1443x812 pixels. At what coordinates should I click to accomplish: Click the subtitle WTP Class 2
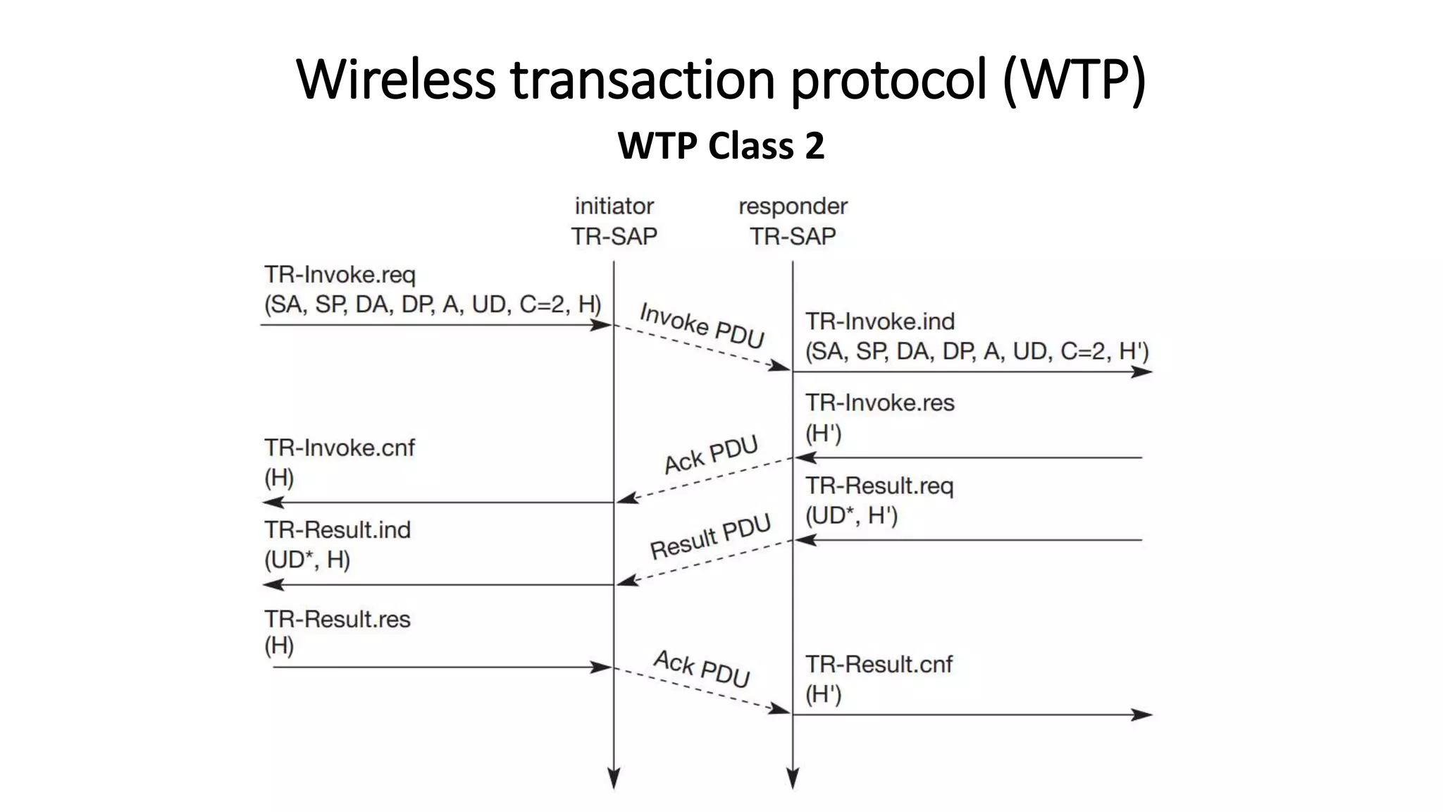pyautogui.click(x=721, y=146)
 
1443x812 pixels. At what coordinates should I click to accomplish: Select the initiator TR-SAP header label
pyautogui.click(x=614, y=221)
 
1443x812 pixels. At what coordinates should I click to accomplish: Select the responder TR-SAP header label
pyautogui.click(x=793, y=221)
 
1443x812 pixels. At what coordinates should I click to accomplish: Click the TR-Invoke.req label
pyautogui.click(x=340, y=274)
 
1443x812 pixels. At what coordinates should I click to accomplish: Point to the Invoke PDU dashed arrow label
pyautogui.click(x=702, y=325)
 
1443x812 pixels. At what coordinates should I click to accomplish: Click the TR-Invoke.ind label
pyautogui.click(x=880, y=321)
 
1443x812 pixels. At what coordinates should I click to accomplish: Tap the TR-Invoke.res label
pyautogui.click(x=880, y=402)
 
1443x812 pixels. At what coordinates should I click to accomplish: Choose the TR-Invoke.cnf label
pyautogui.click(x=340, y=448)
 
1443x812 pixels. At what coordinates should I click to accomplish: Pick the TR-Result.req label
pyautogui.click(x=879, y=486)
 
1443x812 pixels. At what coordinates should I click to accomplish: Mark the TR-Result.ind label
pyautogui.click(x=337, y=529)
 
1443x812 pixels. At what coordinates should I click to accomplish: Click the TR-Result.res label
pyautogui.click(x=337, y=619)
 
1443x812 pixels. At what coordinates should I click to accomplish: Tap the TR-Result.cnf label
pyautogui.click(x=879, y=664)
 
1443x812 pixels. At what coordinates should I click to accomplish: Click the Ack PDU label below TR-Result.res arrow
pyautogui.click(x=702, y=668)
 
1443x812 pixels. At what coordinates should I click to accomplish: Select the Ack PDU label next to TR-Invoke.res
pyautogui.click(x=710, y=455)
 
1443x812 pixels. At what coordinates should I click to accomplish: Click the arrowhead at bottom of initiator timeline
pyautogui.click(x=614, y=779)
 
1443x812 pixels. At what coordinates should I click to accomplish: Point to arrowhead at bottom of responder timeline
pyautogui.click(x=793, y=779)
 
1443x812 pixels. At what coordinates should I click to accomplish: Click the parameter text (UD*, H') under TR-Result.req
pyautogui.click(x=851, y=516)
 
